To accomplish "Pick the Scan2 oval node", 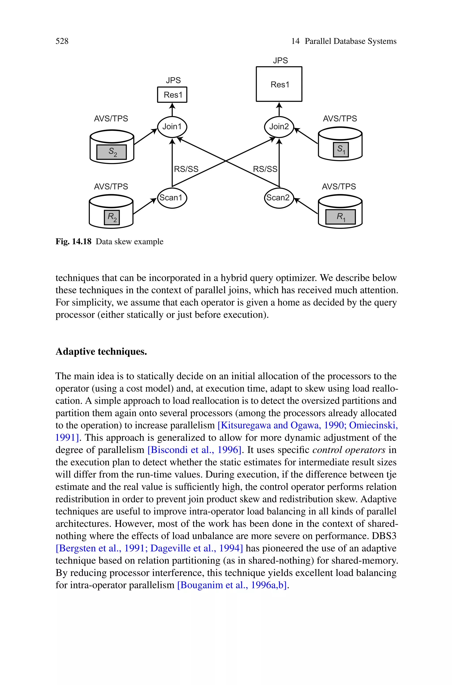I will click(279, 198).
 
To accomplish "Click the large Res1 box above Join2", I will click(279, 84).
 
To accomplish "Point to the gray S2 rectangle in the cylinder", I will click(111, 152).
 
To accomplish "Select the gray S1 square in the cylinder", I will click(341, 150).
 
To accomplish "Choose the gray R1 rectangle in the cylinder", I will click(341, 217).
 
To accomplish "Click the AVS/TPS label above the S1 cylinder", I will click(340, 118).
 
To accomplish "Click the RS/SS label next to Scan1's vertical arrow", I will click(186, 169).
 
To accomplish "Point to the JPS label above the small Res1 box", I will click(173, 80).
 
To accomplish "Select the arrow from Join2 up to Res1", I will click(279, 109).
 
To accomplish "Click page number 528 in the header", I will click(62, 41).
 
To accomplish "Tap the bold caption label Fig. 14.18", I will click(73, 241).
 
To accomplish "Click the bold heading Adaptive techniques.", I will click(101, 351).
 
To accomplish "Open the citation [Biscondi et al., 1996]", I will click(194, 450).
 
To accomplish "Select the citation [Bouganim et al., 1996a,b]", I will click(232, 585).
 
